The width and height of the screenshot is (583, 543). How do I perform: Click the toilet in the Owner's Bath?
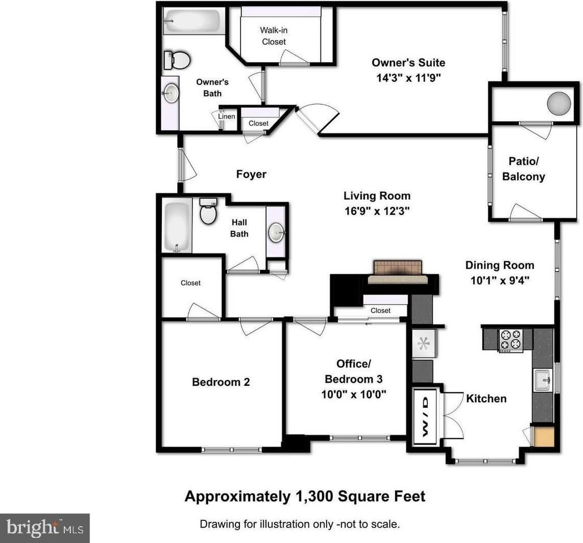[x=177, y=60]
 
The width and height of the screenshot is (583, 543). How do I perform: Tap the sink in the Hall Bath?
[x=276, y=232]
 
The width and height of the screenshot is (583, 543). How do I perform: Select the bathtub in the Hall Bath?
[x=177, y=226]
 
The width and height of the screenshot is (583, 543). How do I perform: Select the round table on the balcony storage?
[x=559, y=103]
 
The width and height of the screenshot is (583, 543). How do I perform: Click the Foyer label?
[x=251, y=174]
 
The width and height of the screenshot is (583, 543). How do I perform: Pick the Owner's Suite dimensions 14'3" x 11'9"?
[x=408, y=78]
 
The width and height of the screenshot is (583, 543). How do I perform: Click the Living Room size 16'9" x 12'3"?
[x=377, y=211]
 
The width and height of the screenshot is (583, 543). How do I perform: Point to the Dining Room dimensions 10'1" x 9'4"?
[x=500, y=280]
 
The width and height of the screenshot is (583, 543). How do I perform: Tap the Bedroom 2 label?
[x=221, y=382]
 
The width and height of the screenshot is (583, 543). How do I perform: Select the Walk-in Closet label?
[x=273, y=36]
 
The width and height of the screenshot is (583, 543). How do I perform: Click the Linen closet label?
[x=226, y=117]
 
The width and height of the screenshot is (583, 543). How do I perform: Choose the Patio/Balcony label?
[x=524, y=169]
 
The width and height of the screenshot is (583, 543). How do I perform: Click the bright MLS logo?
[x=45, y=528]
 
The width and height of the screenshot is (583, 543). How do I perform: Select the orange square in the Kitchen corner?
[x=545, y=436]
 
